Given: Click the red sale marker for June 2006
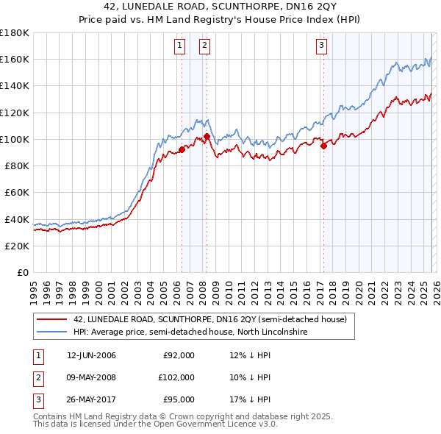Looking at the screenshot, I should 182,149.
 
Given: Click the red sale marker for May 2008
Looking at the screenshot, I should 207,136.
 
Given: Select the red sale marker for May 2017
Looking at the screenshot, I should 323,146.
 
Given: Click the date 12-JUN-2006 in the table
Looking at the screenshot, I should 91,356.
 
